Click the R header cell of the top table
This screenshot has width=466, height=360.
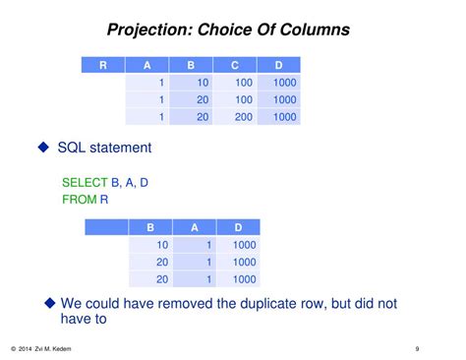click(x=103, y=65)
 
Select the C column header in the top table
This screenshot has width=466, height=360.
click(x=235, y=65)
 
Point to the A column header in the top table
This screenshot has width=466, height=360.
click(x=147, y=65)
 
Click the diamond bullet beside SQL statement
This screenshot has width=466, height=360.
click(x=42, y=148)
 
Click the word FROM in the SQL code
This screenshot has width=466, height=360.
click(x=78, y=200)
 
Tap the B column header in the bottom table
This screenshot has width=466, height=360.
click(x=150, y=227)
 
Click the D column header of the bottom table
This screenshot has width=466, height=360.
click(x=238, y=227)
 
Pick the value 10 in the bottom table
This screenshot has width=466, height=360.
click(x=163, y=245)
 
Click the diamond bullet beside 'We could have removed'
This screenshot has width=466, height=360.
click(x=50, y=302)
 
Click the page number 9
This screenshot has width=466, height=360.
click(x=417, y=347)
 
